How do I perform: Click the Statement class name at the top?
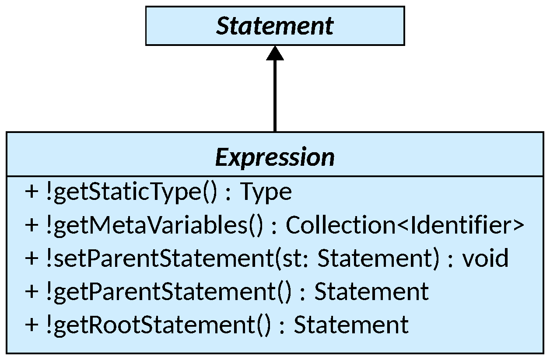(275, 26)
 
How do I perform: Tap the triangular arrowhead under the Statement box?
(275, 53)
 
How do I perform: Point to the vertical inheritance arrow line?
(275, 96)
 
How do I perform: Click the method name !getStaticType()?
(131, 192)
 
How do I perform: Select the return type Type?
(266, 192)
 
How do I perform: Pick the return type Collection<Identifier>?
(405, 225)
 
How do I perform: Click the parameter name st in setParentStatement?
(289, 259)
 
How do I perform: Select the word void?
(485, 259)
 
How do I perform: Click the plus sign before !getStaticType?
(32, 192)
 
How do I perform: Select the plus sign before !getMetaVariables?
(32, 226)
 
